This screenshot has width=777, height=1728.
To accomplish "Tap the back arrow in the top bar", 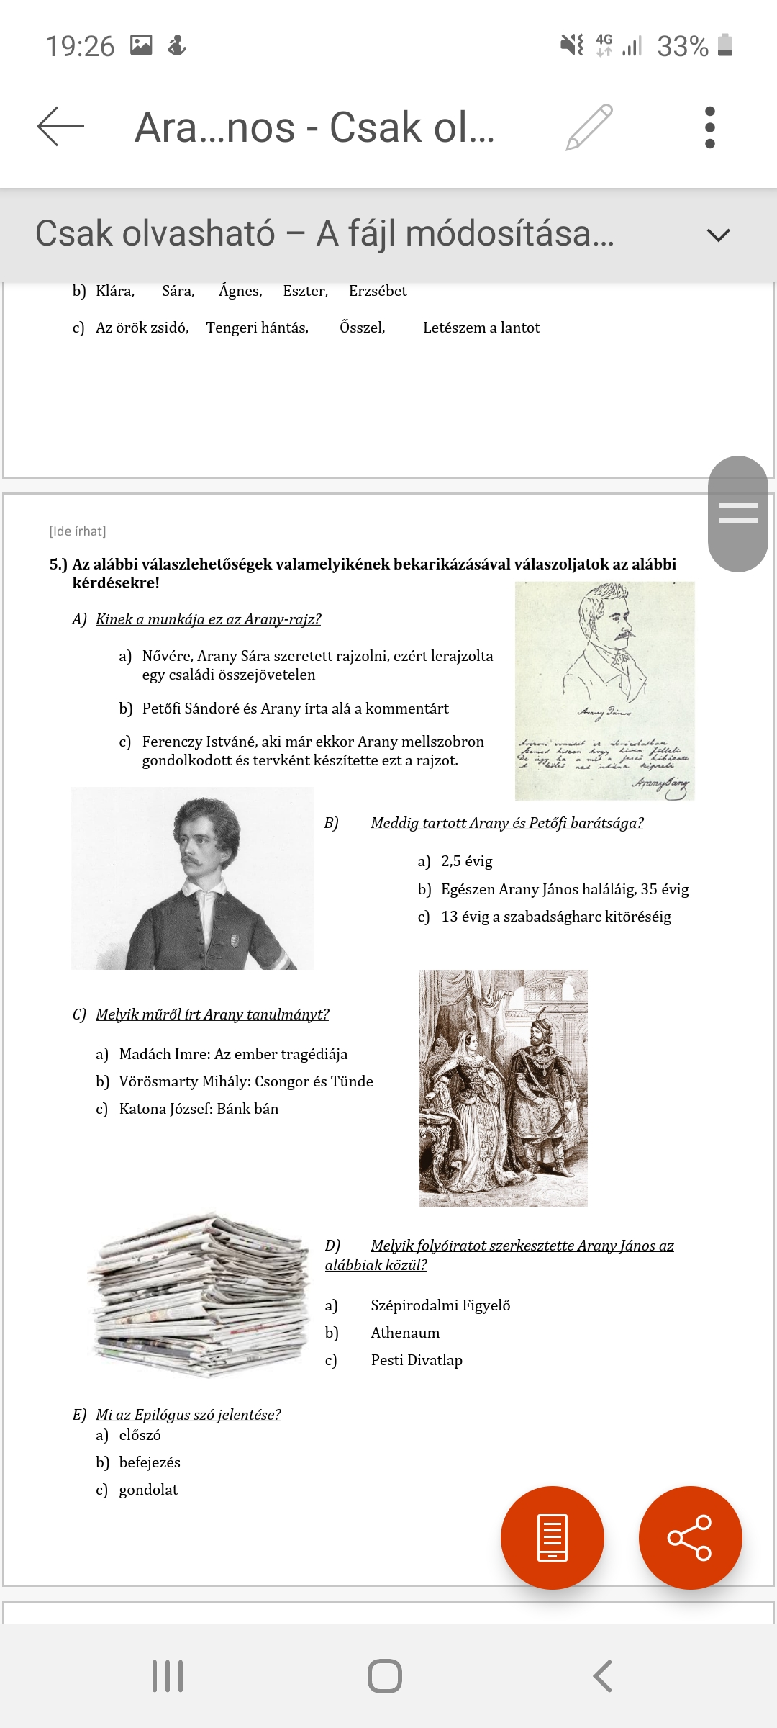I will pyautogui.click(x=60, y=127).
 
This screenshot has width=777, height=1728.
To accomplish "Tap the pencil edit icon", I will pyautogui.click(x=589, y=127).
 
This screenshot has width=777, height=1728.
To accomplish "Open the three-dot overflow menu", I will pyautogui.click(x=710, y=127).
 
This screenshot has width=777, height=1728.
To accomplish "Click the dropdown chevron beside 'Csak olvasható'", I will pyautogui.click(x=718, y=235).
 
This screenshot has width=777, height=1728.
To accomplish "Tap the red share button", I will pyautogui.click(x=690, y=1537).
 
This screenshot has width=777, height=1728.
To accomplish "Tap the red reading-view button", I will pyautogui.click(x=552, y=1537).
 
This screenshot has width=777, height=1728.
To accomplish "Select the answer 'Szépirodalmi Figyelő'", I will pyautogui.click(x=440, y=1305).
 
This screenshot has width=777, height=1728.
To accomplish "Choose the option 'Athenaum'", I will pyautogui.click(x=405, y=1333).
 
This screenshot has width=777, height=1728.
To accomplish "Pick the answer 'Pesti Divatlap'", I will pyautogui.click(x=417, y=1360).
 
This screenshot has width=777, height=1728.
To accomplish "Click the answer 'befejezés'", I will pyautogui.click(x=150, y=1462).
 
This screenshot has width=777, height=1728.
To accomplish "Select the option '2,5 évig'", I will pyautogui.click(x=466, y=861).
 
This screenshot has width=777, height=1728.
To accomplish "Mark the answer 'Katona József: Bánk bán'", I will pyautogui.click(x=199, y=1109).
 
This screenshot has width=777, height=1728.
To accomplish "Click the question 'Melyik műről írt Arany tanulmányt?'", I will pyautogui.click(x=212, y=1014).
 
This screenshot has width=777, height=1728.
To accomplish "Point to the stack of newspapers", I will pyautogui.click(x=201, y=1296).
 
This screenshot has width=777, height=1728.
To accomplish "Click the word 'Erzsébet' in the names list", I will pyautogui.click(x=378, y=291).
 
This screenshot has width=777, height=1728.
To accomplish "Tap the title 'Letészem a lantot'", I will pyautogui.click(x=481, y=328).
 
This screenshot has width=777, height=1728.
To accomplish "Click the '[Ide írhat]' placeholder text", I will pyautogui.click(x=78, y=531).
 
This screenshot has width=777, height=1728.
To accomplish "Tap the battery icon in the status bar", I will pyautogui.click(x=725, y=45).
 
